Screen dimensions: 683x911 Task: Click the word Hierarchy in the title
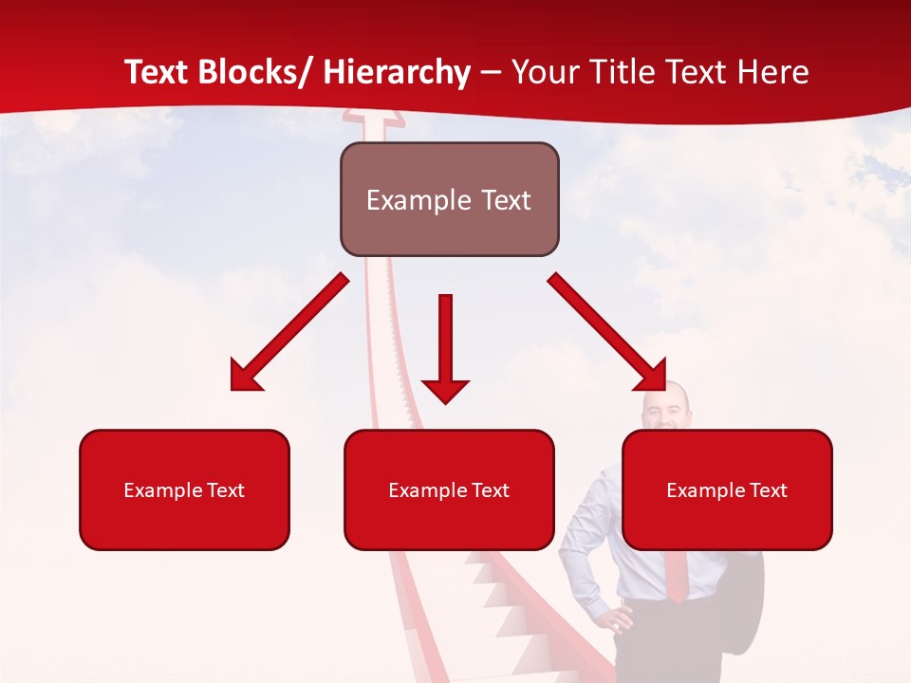click(397, 73)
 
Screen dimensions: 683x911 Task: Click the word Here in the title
click(772, 73)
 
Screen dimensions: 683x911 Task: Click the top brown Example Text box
click(449, 199)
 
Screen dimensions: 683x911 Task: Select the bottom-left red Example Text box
click(184, 489)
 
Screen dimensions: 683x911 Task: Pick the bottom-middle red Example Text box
click(449, 489)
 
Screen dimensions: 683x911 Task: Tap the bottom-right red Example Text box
click(727, 489)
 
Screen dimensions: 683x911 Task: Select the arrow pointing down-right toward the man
click(607, 332)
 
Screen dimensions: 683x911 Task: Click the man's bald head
click(663, 403)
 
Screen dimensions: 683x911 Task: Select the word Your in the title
click(543, 73)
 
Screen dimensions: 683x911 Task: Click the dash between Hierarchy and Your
click(491, 73)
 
